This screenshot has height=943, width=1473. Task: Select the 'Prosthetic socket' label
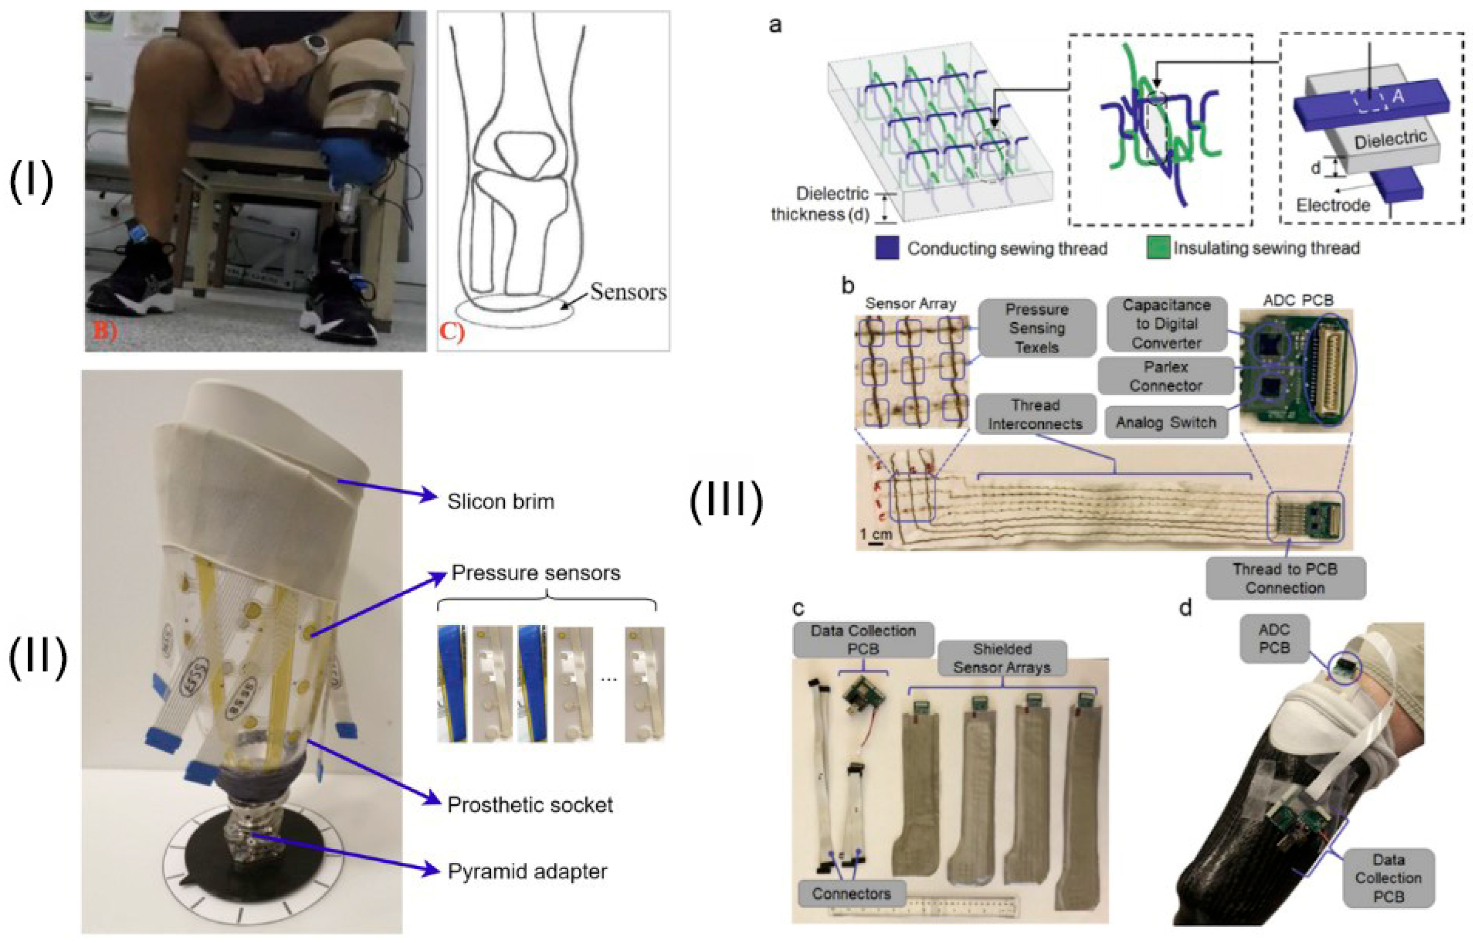[x=530, y=804]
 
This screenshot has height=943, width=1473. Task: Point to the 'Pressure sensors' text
[x=536, y=573]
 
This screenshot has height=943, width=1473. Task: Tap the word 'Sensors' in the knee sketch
[x=628, y=292]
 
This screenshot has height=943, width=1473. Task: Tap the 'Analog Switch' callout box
[x=1166, y=422]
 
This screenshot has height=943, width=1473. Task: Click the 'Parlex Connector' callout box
[x=1166, y=376]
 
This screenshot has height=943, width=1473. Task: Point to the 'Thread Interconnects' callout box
[x=1035, y=414]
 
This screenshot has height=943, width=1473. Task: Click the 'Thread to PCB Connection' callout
[x=1285, y=578]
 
